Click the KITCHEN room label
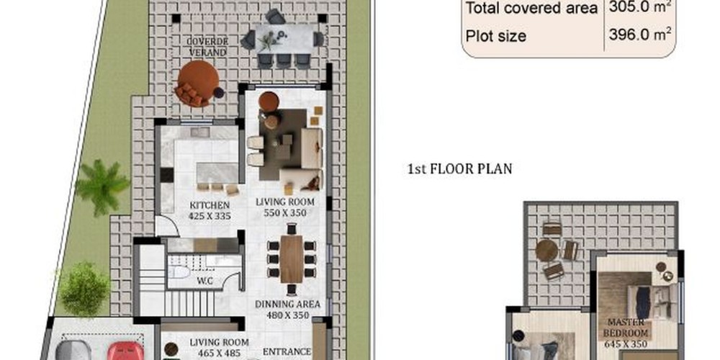point(210,205)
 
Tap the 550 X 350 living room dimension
point(284,212)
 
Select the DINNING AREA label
point(287,304)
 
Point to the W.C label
point(204,282)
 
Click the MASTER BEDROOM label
point(626,328)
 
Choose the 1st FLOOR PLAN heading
point(459,169)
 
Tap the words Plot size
point(496,36)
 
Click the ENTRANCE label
point(287,352)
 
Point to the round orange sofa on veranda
point(197,83)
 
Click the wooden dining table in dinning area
point(292,259)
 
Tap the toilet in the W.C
point(179,272)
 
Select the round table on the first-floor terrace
point(547,251)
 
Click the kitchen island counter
point(217,174)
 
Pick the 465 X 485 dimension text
point(219,351)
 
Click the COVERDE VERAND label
point(207,47)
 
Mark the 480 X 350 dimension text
point(287,315)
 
